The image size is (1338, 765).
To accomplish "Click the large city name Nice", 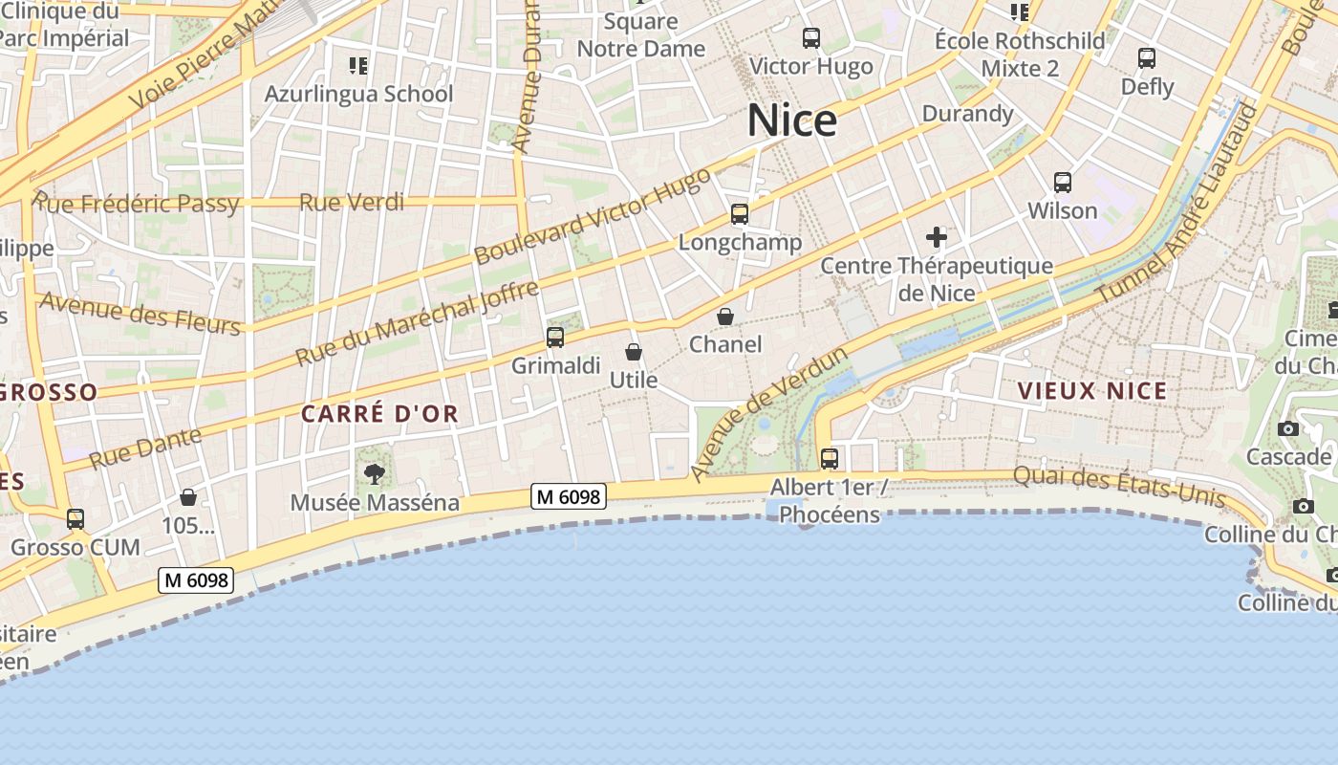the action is coord(791,120).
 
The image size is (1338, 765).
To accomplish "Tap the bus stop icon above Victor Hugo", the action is coord(811,38).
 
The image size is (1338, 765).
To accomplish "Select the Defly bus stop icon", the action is coord(1147,58).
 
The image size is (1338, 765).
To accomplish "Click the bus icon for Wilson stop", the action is coord(1063,183).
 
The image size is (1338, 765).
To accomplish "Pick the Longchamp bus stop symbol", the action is coord(740,214).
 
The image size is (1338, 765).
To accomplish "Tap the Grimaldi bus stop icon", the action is coord(555,338).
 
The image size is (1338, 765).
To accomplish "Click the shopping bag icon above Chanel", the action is coord(725,317).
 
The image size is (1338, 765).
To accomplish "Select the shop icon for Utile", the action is coord(633,353).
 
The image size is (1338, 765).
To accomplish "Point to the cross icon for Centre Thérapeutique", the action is coord(937,237).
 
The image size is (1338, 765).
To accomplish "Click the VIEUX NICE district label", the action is coord(1092,391).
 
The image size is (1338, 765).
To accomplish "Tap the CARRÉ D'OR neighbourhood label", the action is coord(380,414).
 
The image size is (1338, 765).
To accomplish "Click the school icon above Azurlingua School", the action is coord(358,66).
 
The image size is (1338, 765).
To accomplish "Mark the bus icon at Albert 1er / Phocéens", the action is coord(830,459).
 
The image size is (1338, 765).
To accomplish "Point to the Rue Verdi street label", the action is coord(352,203).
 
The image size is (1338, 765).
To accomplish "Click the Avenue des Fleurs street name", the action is coord(140,315).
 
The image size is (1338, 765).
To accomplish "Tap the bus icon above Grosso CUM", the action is coord(76,519).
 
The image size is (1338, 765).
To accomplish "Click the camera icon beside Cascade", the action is coord(1288,428).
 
